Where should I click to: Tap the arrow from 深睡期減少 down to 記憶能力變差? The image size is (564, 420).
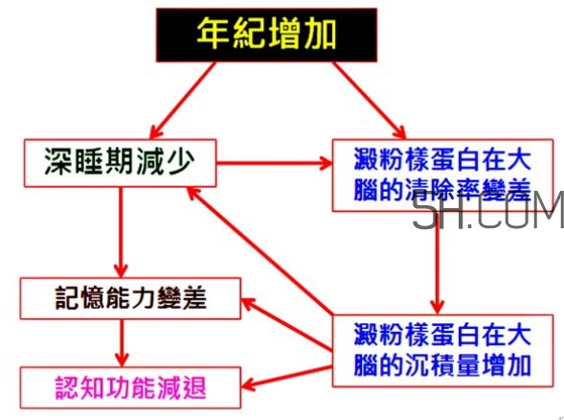(121, 230)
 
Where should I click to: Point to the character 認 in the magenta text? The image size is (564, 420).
(58, 387)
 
